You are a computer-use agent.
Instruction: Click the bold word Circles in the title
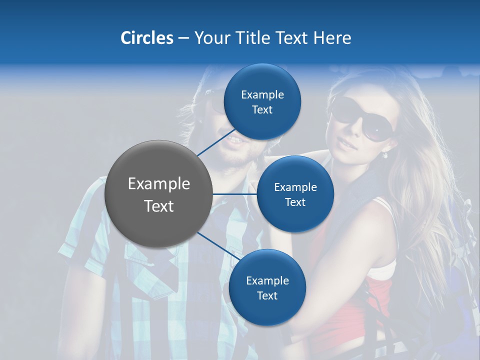(146, 38)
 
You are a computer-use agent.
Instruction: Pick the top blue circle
(262, 101)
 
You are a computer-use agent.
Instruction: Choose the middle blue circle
(295, 194)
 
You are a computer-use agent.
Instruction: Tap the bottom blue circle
(267, 287)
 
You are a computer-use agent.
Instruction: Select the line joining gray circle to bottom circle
(217, 246)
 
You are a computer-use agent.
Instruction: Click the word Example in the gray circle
(159, 184)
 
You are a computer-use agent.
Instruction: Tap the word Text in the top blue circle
(262, 109)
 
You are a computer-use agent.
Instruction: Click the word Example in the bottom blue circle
(267, 280)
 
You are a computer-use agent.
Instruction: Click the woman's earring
(384, 155)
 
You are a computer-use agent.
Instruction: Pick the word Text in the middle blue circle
(295, 202)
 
